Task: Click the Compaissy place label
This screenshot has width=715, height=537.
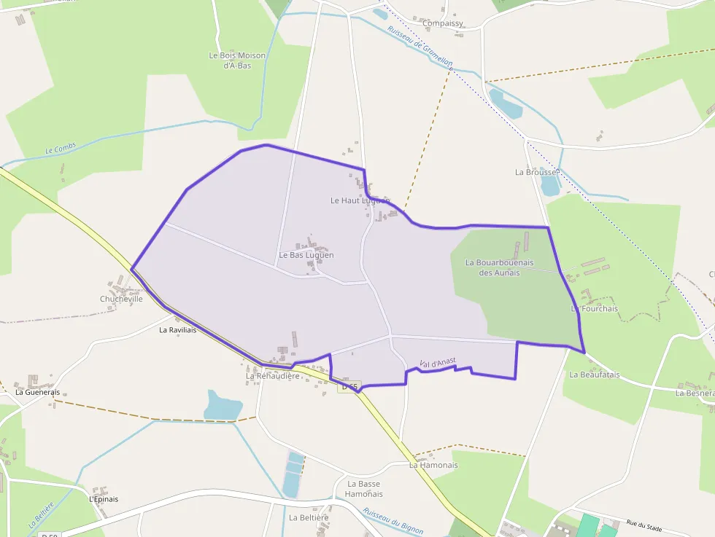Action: (443, 23)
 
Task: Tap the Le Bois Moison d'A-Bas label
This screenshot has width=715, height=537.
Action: (237, 60)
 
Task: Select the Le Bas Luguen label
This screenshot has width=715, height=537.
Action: (306, 255)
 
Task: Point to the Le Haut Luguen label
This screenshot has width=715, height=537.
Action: (360, 200)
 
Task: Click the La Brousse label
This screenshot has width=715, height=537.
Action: (536, 172)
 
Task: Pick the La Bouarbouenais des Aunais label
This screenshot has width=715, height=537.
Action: (500, 267)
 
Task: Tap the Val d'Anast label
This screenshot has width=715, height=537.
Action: (438, 362)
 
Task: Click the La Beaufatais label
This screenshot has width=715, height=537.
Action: (594, 375)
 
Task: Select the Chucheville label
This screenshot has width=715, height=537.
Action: (121, 299)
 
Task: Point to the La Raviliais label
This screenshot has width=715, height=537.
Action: (178, 329)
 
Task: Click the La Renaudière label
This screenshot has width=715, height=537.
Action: (273, 376)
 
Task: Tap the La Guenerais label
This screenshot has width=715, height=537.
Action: (37, 391)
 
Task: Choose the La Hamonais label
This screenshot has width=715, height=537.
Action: (433, 465)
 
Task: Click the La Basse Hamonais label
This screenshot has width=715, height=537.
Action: (363, 488)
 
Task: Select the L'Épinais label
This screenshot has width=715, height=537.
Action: (103, 499)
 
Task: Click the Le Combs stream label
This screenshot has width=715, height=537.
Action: (61, 150)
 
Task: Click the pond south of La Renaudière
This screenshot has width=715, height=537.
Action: (223, 406)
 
